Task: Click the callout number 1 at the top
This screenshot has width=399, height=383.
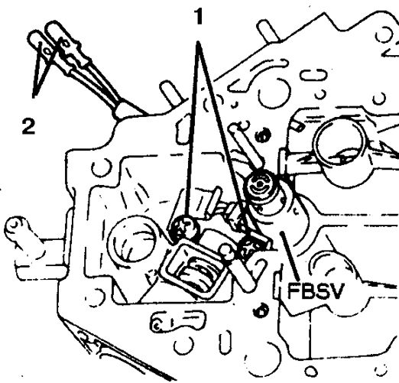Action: click(x=199, y=17)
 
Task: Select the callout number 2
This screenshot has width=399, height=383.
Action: click(x=28, y=126)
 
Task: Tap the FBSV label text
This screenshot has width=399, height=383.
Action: click(x=316, y=290)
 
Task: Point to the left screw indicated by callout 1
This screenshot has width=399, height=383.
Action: click(x=185, y=228)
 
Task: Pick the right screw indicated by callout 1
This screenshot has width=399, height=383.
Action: click(x=251, y=247)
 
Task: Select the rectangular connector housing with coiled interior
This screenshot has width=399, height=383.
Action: click(x=194, y=268)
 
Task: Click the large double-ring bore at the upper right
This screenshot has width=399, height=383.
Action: click(x=340, y=146)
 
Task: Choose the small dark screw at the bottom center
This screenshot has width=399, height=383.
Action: click(x=261, y=310)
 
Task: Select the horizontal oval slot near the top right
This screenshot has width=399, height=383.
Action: click(x=313, y=76)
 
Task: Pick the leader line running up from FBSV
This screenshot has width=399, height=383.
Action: click(x=290, y=255)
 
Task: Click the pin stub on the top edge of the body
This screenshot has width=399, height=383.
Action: click(x=268, y=31)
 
